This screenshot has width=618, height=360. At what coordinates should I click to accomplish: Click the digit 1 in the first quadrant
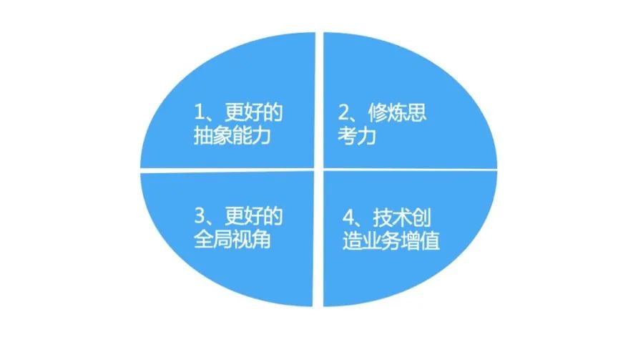tap(199, 112)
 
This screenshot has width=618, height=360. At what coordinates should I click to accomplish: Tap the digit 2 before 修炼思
tap(343, 112)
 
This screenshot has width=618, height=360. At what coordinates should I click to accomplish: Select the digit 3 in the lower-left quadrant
tap(200, 215)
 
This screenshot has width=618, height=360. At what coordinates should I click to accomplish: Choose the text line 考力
tap(357, 135)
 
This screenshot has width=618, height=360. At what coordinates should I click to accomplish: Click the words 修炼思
tap(398, 112)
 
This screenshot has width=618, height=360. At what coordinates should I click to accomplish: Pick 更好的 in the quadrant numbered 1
tap(254, 112)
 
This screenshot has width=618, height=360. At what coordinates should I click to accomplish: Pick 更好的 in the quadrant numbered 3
tap(255, 215)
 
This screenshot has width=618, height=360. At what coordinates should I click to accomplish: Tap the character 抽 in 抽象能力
tap(203, 135)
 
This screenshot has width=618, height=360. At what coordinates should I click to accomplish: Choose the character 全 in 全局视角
tap(203, 239)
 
